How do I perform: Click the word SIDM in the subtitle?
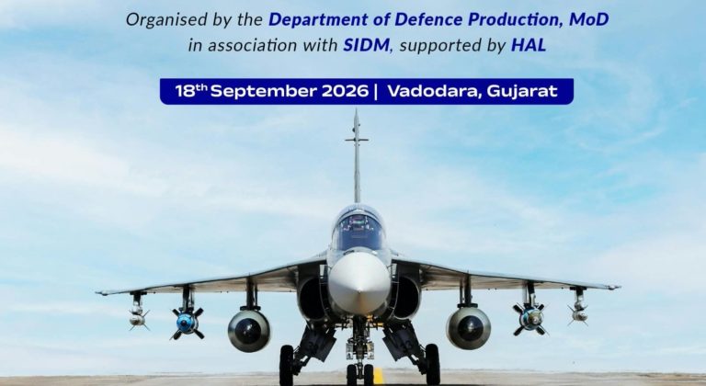pyautogui.click(x=366, y=45)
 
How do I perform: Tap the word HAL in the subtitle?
pyautogui.click(x=529, y=45)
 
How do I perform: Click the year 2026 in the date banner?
pyautogui.click(x=345, y=91)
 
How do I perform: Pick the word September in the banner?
pyautogui.click(x=264, y=92)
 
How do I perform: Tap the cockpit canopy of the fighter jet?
pyautogui.click(x=358, y=228)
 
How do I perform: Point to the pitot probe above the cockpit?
pyautogui.click(x=357, y=155)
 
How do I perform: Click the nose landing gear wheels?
pyautogui.click(x=359, y=374)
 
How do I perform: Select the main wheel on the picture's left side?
pyautogui.click(x=287, y=365)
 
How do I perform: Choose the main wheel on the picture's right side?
pyautogui.click(x=433, y=364)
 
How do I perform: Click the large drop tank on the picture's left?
pyautogui.click(x=249, y=330)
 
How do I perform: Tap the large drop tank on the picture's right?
pyautogui.click(x=469, y=327)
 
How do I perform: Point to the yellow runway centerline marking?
pyautogui.click(x=379, y=376)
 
